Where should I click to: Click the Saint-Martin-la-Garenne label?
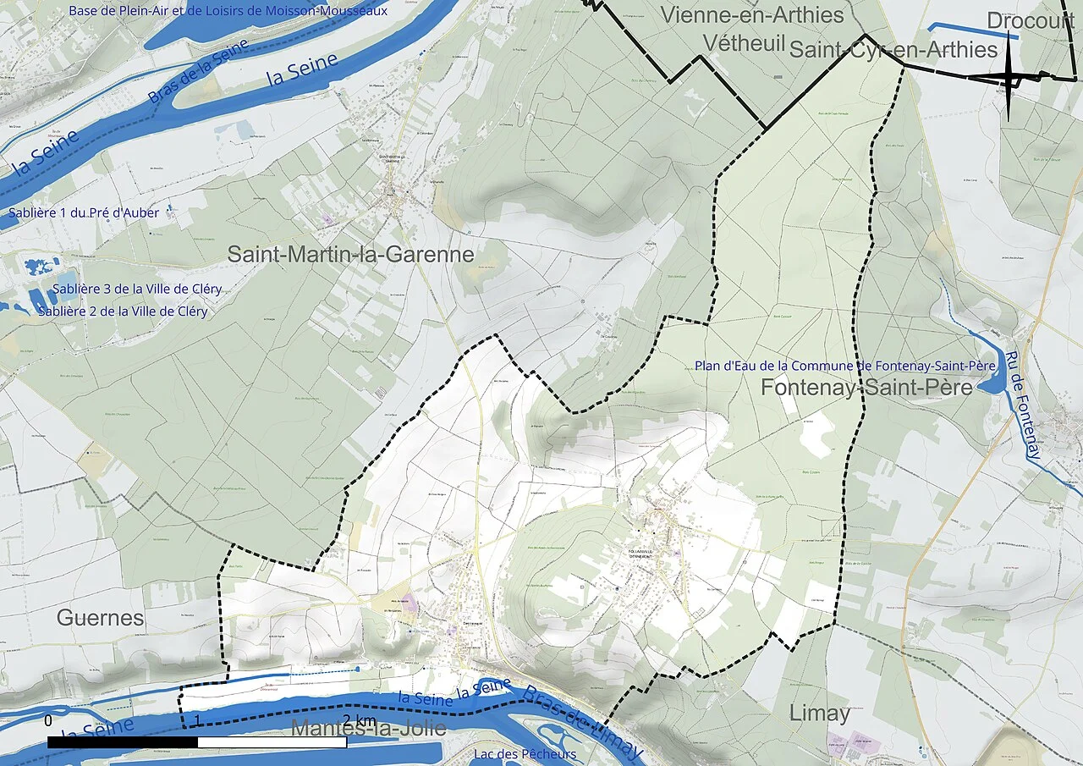click(x=350, y=254)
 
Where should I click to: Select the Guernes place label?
click(x=101, y=618)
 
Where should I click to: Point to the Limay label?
click(x=819, y=713)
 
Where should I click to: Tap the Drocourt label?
click(x=1030, y=21)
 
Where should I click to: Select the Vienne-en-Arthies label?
click(x=752, y=15)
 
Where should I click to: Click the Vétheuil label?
click(x=745, y=44)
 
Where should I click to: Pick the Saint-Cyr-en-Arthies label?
click(x=893, y=50)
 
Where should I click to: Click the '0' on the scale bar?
click(x=48, y=721)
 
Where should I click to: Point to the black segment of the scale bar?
click(x=123, y=742)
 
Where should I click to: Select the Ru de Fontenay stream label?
click(x=1021, y=405)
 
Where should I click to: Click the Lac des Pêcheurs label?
click(x=525, y=754)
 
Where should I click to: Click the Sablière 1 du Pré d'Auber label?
click(x=84, y=212)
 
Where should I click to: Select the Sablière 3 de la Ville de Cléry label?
click(x=137, y=289)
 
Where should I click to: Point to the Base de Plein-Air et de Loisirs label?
click(x=228, y=11)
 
